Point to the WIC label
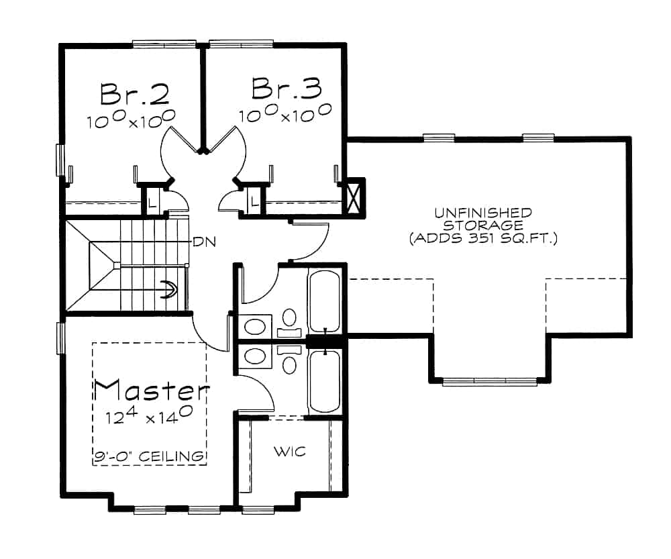[289, 451]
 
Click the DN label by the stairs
[203, 242]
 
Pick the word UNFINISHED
[483, 213]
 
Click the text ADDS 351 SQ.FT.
[483, 238]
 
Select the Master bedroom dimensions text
[149, 415]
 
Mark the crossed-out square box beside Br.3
[353, 197]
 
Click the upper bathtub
[325, 300]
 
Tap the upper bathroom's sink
[254, 327]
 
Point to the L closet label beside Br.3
[254, 201]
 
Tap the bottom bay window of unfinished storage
[490, 381]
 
